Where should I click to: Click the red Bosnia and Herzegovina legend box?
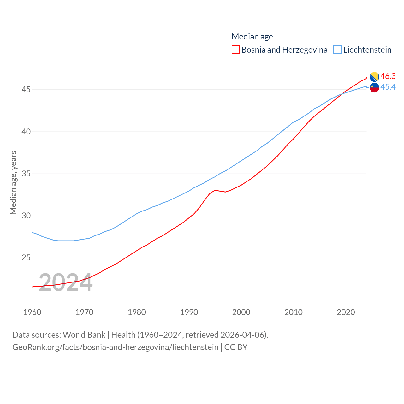tap(235, 50)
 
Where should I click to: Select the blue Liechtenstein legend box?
tap(337, 50)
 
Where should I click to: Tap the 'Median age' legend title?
tap(252, 37)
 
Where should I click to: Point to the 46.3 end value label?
tap(388, 76)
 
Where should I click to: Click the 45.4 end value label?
tap(388, 87)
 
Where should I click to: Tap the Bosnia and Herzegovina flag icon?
tap(374, 77)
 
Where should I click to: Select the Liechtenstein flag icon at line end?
tap(374, 88)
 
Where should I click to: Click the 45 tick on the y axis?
tap(26, 90)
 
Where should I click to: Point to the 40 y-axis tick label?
tap(26, 132)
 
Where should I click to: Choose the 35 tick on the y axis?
tap(26, 174)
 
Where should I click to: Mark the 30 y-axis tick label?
tap(26, 216)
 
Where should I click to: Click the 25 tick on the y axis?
tap(26, 258)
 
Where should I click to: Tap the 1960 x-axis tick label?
tap(32, 312)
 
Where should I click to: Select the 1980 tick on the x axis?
tap(137, 312)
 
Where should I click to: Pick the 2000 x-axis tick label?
tap(241, 312)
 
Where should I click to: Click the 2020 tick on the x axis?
tap(346, 312)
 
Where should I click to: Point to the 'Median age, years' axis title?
tap(13, 182)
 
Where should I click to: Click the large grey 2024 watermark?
tap(66, 283)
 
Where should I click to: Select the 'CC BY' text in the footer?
tap(236, 347)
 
